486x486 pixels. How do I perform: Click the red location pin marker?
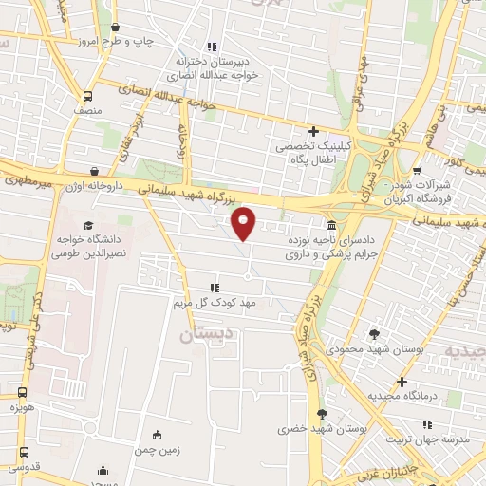point(245,223)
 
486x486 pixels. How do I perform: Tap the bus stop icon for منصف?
point(87,96)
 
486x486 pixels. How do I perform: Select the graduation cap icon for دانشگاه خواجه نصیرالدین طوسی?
point(88,226)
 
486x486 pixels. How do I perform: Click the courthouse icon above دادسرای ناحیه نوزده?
point(330,226)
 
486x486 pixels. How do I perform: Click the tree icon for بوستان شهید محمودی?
point(373,333)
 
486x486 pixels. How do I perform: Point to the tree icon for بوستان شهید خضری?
point(322,414)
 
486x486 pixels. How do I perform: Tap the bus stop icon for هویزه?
point(22,391)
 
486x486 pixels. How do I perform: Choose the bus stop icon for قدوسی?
point(22,452)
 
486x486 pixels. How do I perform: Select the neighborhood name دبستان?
point(203,335)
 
